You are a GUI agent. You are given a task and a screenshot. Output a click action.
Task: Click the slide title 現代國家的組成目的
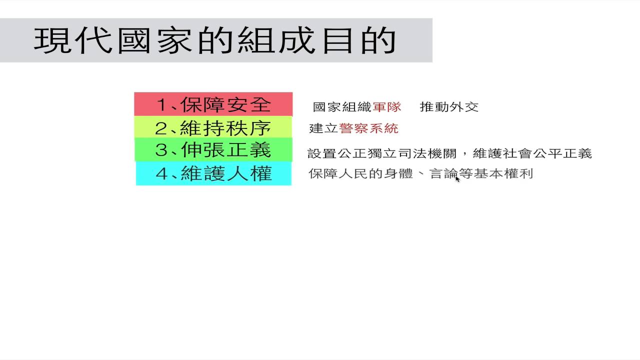(x=215, y=40)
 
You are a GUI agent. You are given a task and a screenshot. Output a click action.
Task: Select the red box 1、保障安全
(x=213, y=104)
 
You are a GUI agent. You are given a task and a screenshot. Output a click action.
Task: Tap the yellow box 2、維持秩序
(x=213, y=127)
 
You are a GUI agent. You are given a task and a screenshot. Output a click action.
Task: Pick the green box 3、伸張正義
(x=213, y=149)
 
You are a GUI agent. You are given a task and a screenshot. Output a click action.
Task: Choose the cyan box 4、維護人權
(x=213, y=173)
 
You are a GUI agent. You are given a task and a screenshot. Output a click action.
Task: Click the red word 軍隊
(x=387, y=107)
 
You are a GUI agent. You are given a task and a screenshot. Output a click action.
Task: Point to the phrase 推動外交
(x=449, y=107)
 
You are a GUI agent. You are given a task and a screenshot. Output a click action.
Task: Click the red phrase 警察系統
(x=368, y=128)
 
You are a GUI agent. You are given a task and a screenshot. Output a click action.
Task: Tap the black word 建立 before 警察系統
(x=323, y=128)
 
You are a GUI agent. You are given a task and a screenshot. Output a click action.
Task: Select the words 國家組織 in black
(x=342, y=107)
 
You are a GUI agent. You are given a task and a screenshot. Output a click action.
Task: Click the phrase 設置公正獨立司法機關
(x=381, y=153)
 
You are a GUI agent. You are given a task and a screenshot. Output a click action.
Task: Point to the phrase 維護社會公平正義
(x=532, y=153)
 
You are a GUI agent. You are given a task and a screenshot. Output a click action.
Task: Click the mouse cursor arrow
(x=457, y=179)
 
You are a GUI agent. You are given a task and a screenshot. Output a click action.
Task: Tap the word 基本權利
(x=503, y=173)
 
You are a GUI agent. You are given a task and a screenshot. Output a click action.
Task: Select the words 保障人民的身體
(x=361, y=173)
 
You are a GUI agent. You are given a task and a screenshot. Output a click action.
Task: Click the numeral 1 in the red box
(x=161, y=104)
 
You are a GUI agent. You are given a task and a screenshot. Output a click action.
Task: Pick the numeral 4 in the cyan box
(x=161, y=173)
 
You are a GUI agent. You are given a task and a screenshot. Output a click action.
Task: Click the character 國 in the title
(x=134, y=40)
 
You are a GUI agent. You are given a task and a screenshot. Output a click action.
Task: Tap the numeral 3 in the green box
(x=161, y=150)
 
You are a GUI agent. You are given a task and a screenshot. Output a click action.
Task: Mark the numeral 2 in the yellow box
(x=161, y=128)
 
